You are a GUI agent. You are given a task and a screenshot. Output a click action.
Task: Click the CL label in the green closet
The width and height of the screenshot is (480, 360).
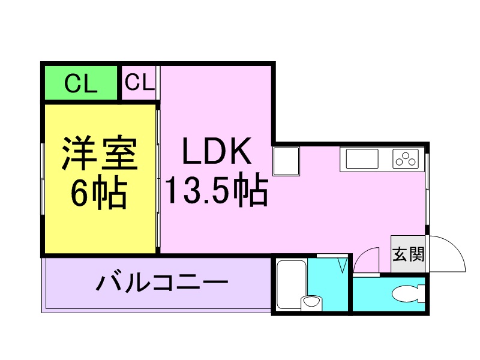[81, 83]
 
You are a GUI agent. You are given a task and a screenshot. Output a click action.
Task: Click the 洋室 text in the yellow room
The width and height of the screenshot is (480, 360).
[100, 153]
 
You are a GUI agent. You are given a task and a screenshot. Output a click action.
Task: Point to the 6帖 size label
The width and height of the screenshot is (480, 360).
[98, 193]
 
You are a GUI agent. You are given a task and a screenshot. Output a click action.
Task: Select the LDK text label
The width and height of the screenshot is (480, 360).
[217, 151]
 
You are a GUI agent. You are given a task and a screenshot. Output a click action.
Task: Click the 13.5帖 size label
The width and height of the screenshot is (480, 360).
[217, 189]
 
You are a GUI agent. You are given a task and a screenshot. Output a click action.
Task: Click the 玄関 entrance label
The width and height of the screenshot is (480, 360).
[408, 254]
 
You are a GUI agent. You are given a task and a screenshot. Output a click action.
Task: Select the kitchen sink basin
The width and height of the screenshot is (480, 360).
[362, 158]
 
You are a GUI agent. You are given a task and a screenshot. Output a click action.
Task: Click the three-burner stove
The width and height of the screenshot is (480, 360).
[406, 158]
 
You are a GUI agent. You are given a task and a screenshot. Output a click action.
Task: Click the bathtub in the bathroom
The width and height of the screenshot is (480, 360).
[292, 284]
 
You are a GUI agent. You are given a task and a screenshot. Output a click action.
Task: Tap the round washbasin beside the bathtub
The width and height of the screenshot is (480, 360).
[311, 303]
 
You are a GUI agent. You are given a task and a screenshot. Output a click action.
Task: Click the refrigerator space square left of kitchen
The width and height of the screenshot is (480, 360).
[286, 161]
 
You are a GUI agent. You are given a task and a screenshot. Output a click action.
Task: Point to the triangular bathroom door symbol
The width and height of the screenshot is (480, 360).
[343, 265]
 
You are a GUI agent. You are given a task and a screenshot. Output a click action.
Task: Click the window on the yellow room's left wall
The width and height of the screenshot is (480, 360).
[43, 178]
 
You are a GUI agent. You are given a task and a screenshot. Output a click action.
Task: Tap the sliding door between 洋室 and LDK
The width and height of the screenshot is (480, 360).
[158, 178]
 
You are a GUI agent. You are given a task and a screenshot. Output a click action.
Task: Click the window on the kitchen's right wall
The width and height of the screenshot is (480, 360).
[427, 189]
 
